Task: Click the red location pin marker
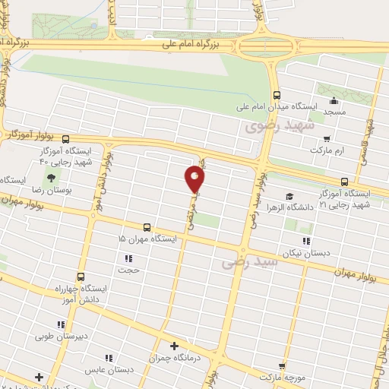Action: [x=194, y=179]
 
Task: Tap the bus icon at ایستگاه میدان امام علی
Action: [x=277, y=96]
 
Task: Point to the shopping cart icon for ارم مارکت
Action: [x=327, y=138]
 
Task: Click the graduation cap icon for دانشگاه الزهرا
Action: [x=289, y=195]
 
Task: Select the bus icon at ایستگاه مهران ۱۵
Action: [x=146, y=227]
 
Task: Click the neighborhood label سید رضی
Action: [x=250, y=264]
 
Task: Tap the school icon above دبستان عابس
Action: [x=108, y=357]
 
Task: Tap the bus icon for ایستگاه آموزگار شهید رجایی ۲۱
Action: [x=345, y=182]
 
